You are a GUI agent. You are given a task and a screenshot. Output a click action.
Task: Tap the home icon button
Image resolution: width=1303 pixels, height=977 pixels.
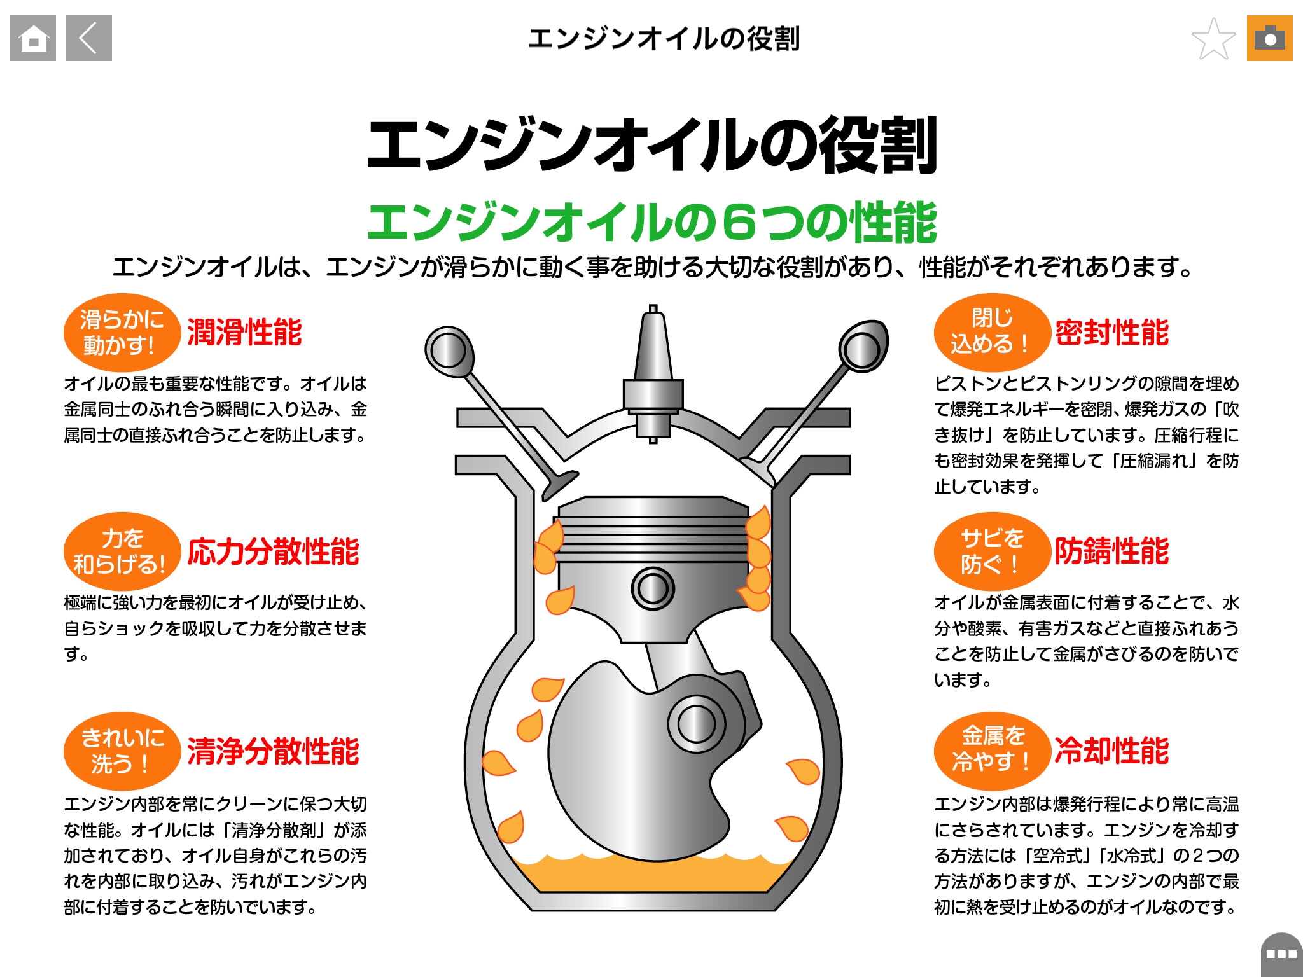pos(33,38)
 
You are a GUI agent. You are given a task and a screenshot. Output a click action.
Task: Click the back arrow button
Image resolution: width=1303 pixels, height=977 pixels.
pos(89,38)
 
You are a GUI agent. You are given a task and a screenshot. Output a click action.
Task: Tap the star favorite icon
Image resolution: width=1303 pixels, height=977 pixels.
pos(1213,39)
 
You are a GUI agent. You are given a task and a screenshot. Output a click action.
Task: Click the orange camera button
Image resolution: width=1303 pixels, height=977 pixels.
pos(1269,38)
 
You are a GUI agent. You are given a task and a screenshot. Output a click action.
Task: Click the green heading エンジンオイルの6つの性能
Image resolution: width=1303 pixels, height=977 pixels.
pos(651,223)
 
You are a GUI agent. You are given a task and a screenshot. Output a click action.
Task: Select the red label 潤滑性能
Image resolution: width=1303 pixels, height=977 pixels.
pos(244,333)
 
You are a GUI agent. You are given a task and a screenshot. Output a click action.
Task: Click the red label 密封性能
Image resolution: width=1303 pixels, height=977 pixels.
pos(1111,333)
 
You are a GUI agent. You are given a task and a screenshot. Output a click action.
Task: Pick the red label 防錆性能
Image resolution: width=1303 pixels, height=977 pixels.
pos(1111,551)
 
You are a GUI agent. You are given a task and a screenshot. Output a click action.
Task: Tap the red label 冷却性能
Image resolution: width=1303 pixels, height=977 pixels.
pos(1111,751)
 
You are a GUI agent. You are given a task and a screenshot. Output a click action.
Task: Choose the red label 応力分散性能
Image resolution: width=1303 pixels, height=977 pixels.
pos(273,551)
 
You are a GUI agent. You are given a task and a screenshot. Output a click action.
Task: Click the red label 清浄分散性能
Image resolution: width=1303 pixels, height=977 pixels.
pos(273,751)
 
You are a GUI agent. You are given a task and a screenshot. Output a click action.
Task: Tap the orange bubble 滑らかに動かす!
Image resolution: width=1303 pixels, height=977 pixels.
pos(121,333)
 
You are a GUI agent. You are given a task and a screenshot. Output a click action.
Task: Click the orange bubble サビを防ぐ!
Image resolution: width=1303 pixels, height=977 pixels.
pos(991,551)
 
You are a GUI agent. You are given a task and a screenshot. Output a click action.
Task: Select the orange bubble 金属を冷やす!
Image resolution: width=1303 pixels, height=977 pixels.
pos(991,751)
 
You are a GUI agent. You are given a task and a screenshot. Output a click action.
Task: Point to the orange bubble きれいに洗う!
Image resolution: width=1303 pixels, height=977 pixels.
pos(121,751)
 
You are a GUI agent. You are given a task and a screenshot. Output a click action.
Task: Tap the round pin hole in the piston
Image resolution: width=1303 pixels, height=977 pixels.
pos(653,588)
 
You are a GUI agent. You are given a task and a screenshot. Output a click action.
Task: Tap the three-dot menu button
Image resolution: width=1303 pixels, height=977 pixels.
pos(1281,954)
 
